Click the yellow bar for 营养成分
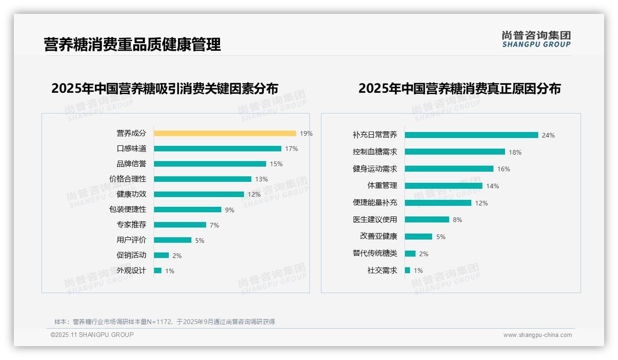[225, 133]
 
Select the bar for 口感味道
[217, 149]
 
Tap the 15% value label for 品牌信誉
[276, 164]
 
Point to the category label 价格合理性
[128, 179]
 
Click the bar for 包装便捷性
[187, 210]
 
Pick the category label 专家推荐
[131, 225]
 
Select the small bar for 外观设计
[158, 270]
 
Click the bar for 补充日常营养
[471, 135]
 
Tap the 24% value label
[548, 135]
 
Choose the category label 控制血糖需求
[374, 152]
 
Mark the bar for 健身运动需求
[449, 169]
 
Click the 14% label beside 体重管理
[493, 186]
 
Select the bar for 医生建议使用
[427, 220]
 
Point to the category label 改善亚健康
[378, 236]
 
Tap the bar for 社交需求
[407, 270]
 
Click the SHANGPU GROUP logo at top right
[536, 39]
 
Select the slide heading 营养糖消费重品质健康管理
[132, 44]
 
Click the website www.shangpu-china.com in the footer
[537, 335]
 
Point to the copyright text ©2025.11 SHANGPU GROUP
[92, 335]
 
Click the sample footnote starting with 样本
[165, 322]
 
